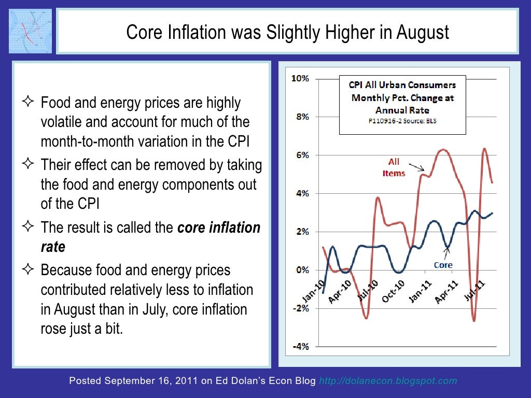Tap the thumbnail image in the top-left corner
click(31, 31)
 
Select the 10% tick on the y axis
click(301, 79)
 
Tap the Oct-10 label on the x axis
click(393, 292)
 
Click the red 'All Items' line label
click(394, 167)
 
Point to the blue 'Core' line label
click(443, 265)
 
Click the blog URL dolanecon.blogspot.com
click(388, 381)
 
